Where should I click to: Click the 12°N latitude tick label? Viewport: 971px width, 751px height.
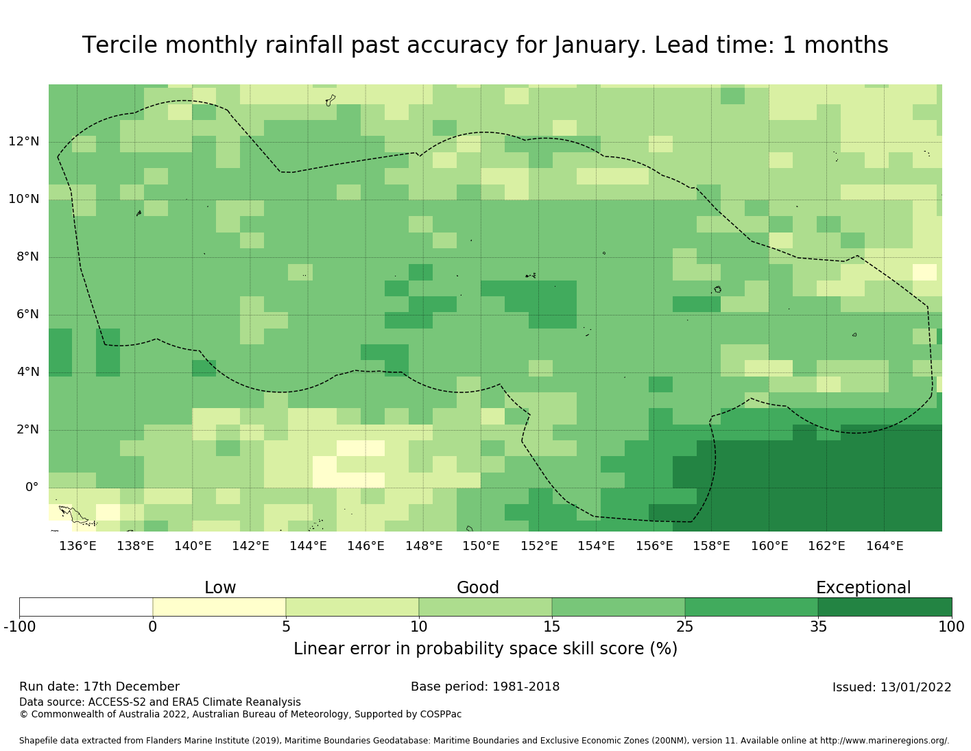click(x=23, y=142)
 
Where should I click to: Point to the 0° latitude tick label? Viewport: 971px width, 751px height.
click(x=32, y=488)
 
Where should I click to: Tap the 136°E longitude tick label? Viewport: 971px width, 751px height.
click(x=77, y=546)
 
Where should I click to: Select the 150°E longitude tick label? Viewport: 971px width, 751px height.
click(x=481, y=546)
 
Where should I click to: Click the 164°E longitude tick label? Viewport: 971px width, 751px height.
click(x=885, y=546)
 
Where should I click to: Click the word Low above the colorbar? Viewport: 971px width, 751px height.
click(x=220, y=588)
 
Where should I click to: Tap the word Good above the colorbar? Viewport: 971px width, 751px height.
click(x=478, y=588)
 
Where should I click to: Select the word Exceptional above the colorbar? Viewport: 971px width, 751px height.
click(x=863, y=588)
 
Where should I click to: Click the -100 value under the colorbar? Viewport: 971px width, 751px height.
click(x=19, y=626)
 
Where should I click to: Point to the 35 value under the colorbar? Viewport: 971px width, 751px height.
click(x=818, y=626)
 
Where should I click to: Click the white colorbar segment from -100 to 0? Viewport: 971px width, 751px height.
click(x=86, y=607)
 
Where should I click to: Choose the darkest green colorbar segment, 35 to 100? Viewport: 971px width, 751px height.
click(x=885, y=607)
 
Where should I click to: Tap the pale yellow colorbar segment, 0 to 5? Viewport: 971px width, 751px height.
click(x=219, y=607)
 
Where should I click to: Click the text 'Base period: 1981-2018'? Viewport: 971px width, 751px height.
click(x=485, y=687)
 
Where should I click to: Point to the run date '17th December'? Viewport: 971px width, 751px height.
click(x=131, y=687)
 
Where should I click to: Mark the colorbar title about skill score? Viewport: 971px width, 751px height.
click(x=485, y=649)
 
